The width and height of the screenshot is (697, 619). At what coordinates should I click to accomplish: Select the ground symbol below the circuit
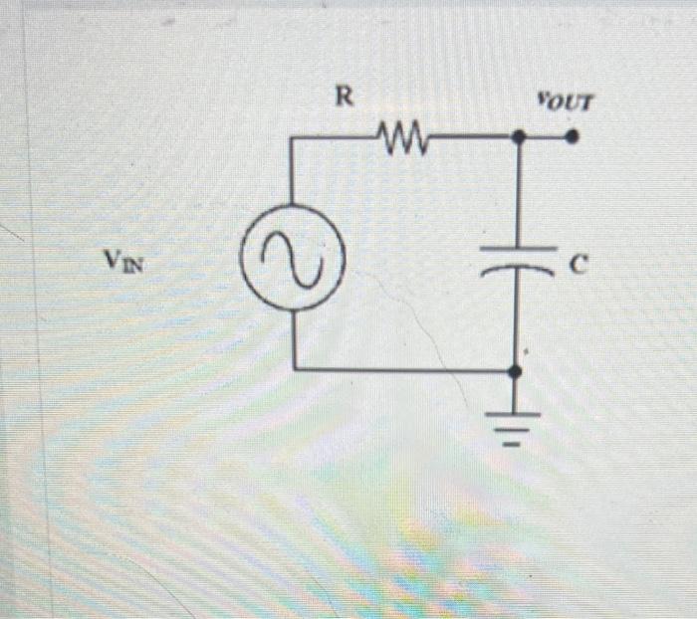tap(515, 423)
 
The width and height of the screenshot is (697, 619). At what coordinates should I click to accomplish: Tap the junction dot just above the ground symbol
tap(515, 370)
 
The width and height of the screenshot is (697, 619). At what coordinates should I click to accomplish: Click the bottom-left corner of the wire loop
tap(295, 369)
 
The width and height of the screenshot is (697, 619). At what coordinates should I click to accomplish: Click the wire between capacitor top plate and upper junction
tap(518, 194)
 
